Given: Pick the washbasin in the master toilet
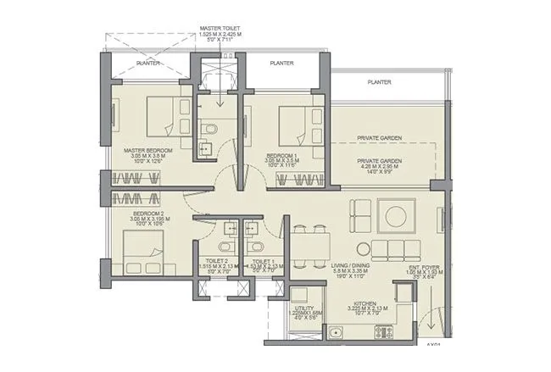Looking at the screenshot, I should click(x=203, y=150).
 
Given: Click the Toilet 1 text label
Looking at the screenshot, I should click(x=261, y=263).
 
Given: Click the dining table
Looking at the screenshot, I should click(x=309, y=242).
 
